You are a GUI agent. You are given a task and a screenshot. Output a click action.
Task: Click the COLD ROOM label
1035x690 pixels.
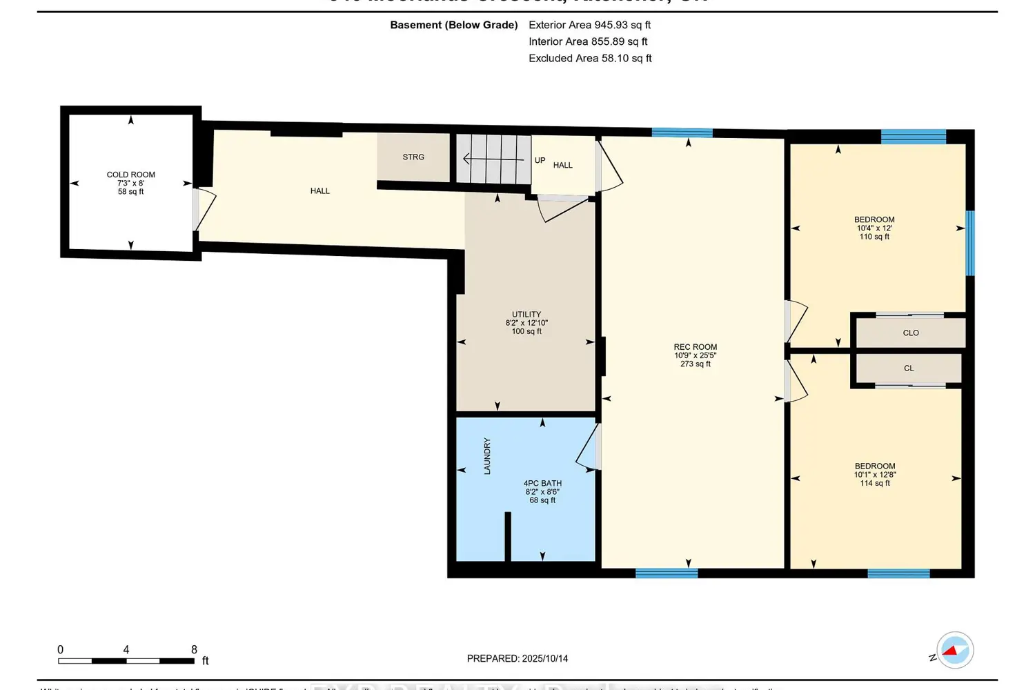pos(130,175)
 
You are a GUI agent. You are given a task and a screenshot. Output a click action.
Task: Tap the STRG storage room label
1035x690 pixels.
pos(413,157)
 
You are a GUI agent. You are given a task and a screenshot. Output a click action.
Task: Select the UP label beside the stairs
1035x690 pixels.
pos(540,160)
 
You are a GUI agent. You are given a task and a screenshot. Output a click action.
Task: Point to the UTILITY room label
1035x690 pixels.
pos(526,315)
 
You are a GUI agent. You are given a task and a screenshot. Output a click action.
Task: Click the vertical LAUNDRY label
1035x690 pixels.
pos(487,455)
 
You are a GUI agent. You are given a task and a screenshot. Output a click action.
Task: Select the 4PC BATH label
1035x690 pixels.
pos(542,484)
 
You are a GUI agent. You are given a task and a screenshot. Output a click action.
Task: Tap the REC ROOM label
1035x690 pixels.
pos(695,347)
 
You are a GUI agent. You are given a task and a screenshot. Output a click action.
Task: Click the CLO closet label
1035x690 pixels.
pos(911,333)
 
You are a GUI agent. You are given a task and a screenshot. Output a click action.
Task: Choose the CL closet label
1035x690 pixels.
pos(909,368)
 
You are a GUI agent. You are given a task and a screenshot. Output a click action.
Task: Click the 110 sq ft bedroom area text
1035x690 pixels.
pos(874,237)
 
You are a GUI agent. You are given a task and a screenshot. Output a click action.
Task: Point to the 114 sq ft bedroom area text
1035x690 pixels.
pos(875,483)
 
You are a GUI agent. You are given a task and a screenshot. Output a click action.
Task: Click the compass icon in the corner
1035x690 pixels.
pos(954,650)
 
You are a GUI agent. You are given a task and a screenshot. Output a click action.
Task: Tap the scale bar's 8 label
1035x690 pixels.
pos(194,649)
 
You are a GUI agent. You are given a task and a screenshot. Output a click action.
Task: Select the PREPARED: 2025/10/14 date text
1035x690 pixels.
pos(517,658)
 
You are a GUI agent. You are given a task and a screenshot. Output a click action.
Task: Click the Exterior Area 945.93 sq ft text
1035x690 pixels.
pos(589,25)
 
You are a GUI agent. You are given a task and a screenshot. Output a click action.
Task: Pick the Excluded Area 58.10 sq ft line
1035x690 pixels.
pos(590,58)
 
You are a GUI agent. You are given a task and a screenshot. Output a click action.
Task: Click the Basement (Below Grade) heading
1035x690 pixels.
pos(453,25)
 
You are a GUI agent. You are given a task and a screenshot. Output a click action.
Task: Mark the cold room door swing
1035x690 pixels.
pos(206,209)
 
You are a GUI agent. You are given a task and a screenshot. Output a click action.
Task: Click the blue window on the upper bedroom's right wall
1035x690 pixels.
pos(969,243)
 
